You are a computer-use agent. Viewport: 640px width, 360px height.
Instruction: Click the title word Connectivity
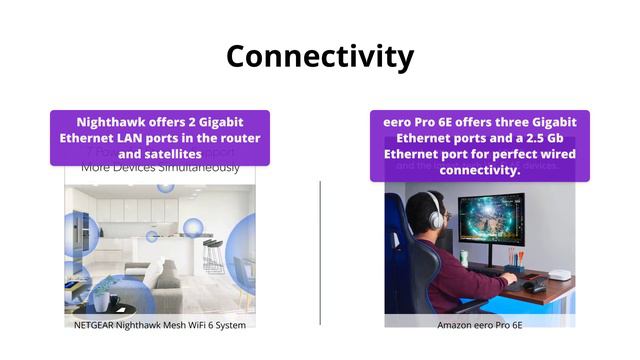(x=320, y=56)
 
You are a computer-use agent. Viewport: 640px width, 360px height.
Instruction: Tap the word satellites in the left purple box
(x=174, y=154)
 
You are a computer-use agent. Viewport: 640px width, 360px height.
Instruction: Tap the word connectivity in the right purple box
(x=479, y=170)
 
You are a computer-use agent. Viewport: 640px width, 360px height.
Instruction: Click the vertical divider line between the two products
(x=320, y=250)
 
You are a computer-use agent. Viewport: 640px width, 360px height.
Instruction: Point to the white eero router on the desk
(x=559, y=274)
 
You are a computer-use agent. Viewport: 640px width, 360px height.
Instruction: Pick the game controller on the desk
(x=537, y=286)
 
